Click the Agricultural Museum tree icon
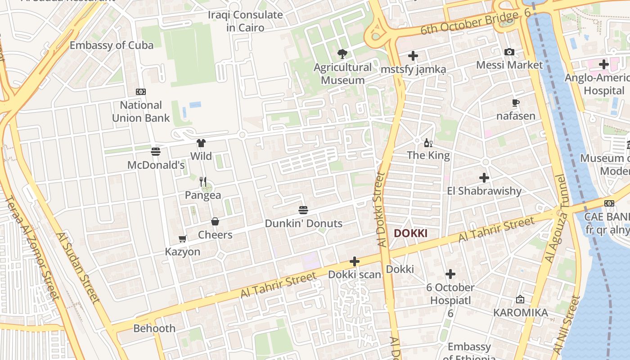click(x=342, y=54)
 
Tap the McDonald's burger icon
click(x=156, y=152)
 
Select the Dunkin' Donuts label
click(x=303, y=223)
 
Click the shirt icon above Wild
click(x=201, y=143)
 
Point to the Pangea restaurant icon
click(x=203, y=182)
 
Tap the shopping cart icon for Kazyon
click(x=182, y=238)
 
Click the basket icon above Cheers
click(x=215, y=221)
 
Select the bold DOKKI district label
click(x=410, y=233)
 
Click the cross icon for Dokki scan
click(x=355, y=261)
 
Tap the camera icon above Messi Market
click(x=509, y=52)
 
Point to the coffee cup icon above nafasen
click(x=516, y=103)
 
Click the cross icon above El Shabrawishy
click(x=484, y=178)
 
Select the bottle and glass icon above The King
click(x=428, y=143)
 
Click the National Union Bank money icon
click(x=141, y=92)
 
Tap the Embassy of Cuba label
click(x=112, y=45)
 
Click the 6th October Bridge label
click(x=469, y=23)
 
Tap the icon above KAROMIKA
click(x=520, y=299)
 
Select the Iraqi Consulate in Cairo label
click(x=245, y=21)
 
